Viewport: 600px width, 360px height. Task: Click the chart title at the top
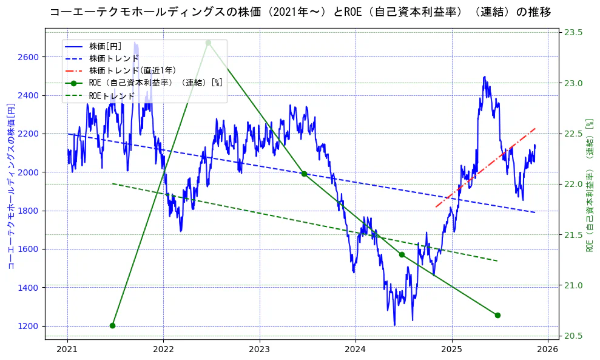(300, 12)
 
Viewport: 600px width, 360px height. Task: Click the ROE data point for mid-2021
(112, 325)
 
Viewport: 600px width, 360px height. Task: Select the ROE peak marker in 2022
(208, 42)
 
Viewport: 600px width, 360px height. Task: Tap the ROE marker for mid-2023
(304, 174)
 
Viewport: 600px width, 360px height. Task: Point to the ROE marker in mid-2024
(402, 254)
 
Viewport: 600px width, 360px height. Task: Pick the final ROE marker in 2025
(497, 315)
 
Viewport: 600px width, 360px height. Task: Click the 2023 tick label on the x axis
(259, 349)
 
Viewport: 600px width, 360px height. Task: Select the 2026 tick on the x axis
(548, 349)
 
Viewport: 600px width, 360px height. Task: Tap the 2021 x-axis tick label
(67, 349)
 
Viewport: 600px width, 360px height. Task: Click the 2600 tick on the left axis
(29, 57)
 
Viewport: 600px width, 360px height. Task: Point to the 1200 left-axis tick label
(29, 326)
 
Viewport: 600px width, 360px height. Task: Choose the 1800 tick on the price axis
(29, 211)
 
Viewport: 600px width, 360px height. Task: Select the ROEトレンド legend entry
(112, 96)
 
